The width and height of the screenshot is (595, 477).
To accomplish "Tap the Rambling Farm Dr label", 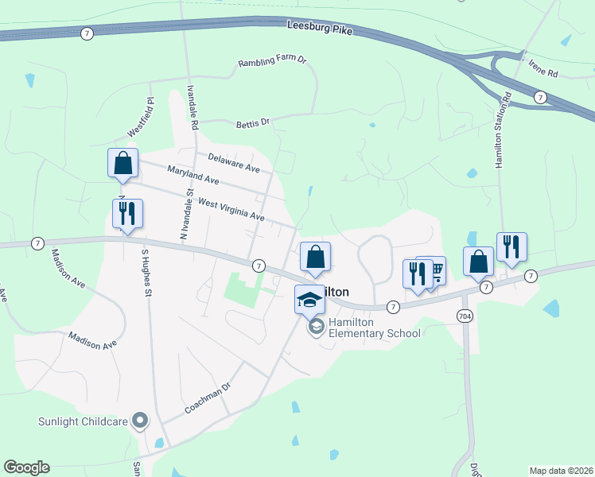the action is click(273, 62).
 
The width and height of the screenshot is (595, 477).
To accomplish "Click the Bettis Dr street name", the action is click(253, 123).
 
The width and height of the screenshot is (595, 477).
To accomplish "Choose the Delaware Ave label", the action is click(234, 163).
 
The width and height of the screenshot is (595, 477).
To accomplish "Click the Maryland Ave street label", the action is click(192, 175).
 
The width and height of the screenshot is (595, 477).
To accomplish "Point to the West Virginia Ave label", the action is click(231, 210).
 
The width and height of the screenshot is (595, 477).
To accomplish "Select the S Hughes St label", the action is click(146, 272).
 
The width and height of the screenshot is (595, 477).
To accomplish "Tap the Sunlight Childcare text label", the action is click(83, 421).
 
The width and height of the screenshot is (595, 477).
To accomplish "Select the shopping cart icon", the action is click(434, 271).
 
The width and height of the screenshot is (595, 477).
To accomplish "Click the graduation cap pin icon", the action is click(309, 299).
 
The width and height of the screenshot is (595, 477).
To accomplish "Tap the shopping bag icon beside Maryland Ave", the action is click(123, 163).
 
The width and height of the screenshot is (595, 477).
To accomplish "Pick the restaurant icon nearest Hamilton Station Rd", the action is click(511, 247).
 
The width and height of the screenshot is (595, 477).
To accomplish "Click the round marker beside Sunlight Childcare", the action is click(141, 420).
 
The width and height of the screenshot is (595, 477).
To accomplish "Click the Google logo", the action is click(27, 467).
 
